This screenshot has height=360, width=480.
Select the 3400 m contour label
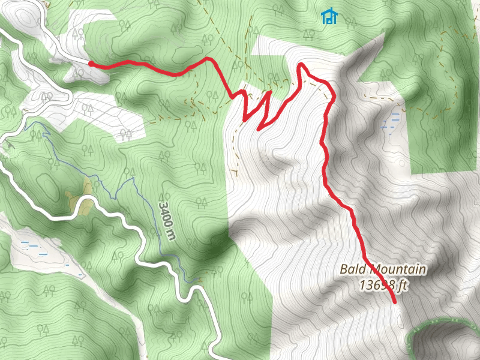[167, 218]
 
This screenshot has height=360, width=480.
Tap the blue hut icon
[329, 16]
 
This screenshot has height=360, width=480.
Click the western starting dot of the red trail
[90, 63]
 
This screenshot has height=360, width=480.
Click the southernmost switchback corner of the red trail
[259, 129]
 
